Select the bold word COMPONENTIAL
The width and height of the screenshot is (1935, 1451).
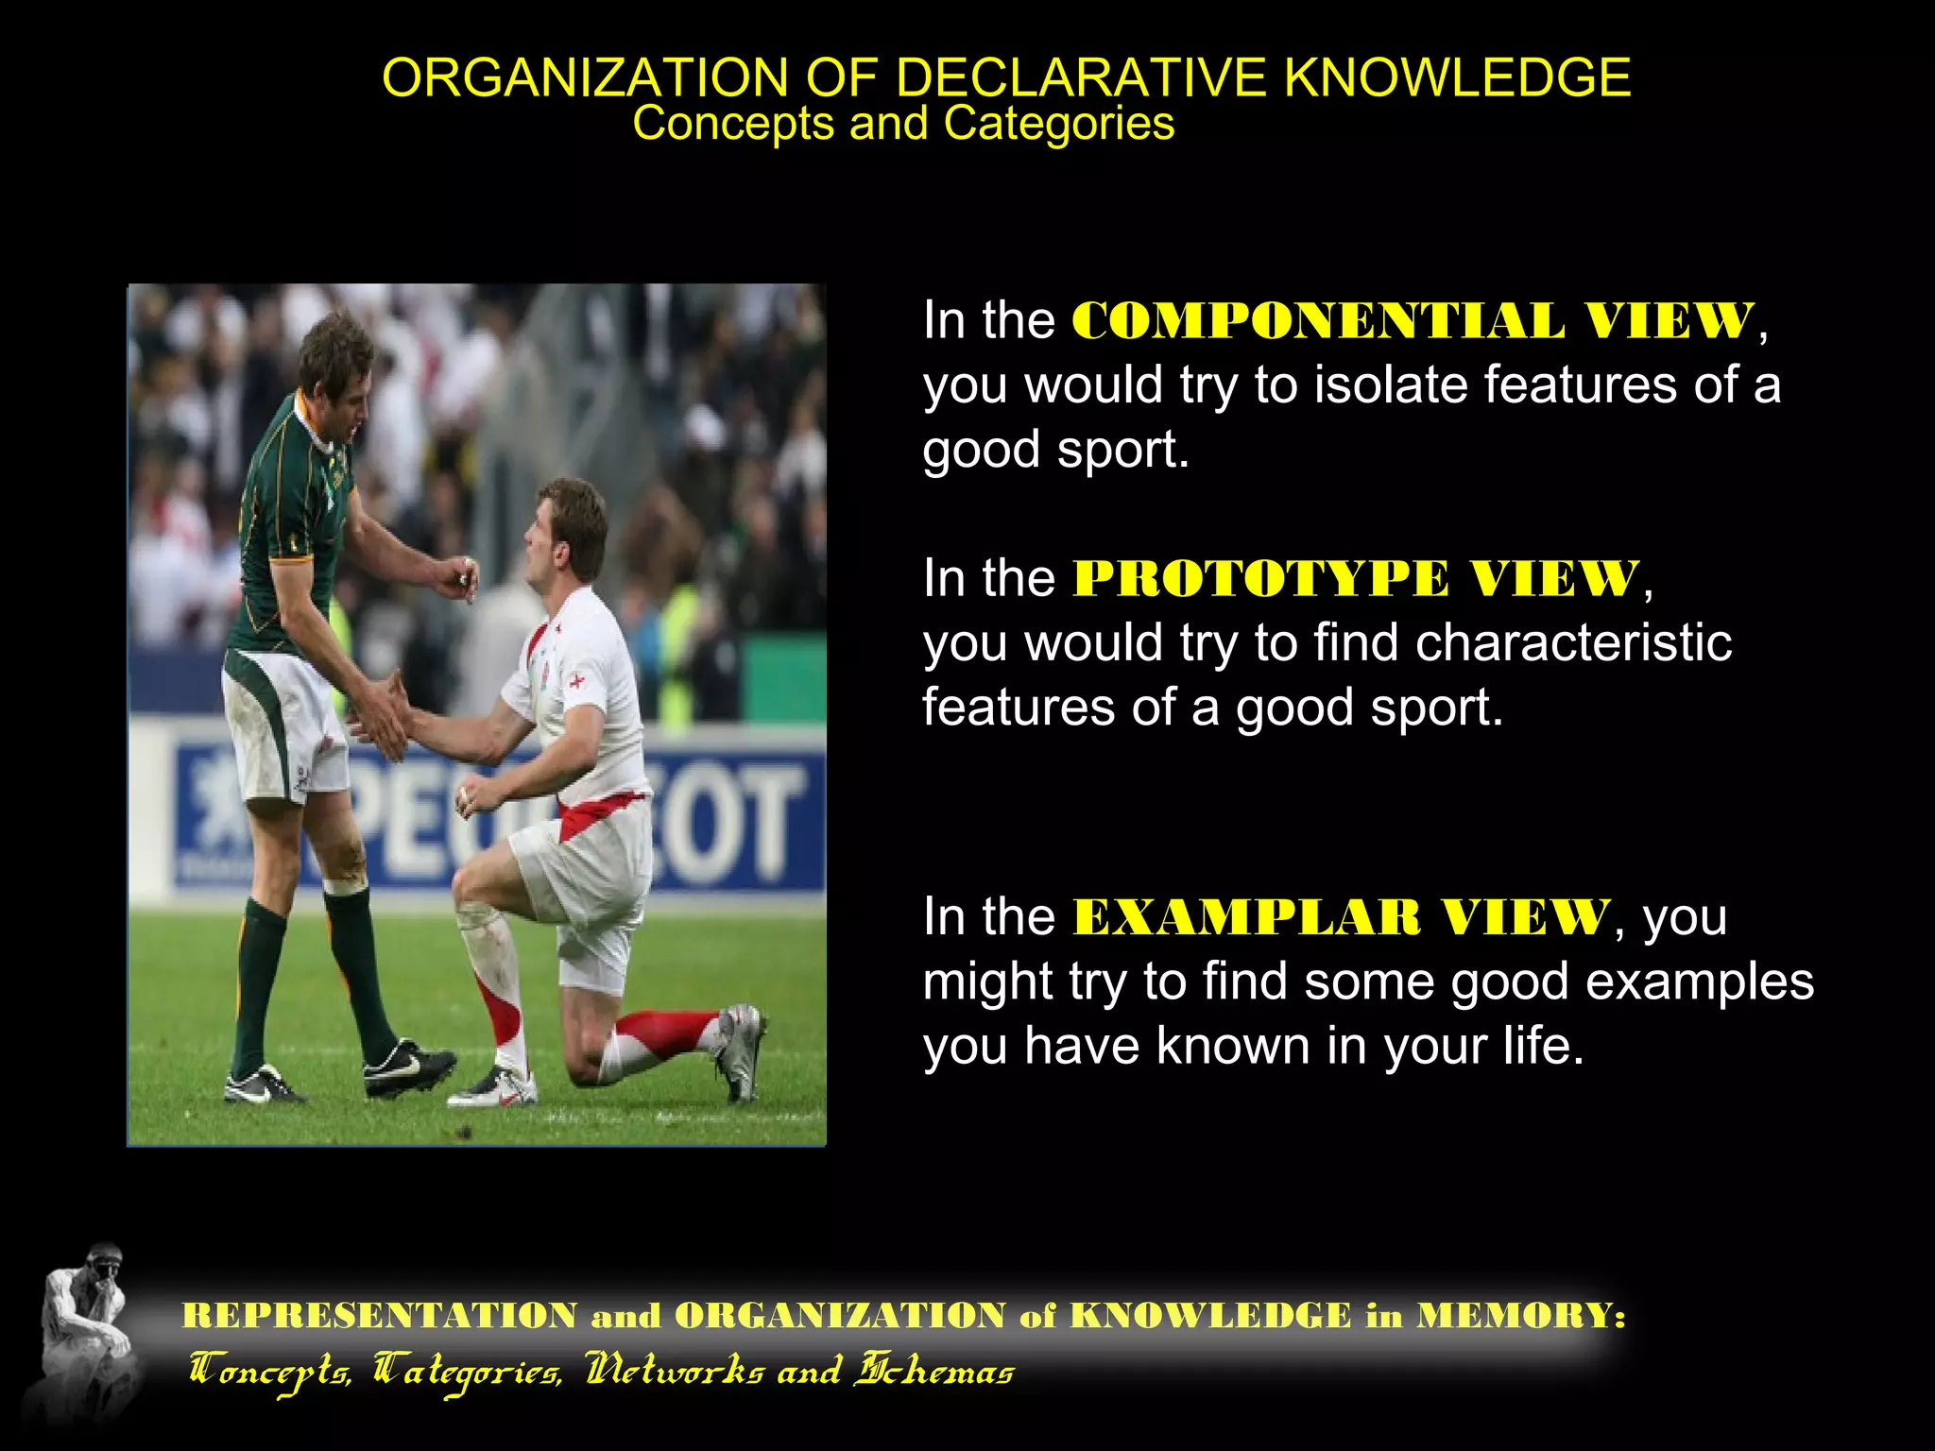(1318, 321)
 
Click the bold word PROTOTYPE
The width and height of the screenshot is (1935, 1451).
(1260, 579)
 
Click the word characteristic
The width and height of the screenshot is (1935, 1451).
(1573, 643)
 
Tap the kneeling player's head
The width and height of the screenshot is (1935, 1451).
(567, 534)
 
